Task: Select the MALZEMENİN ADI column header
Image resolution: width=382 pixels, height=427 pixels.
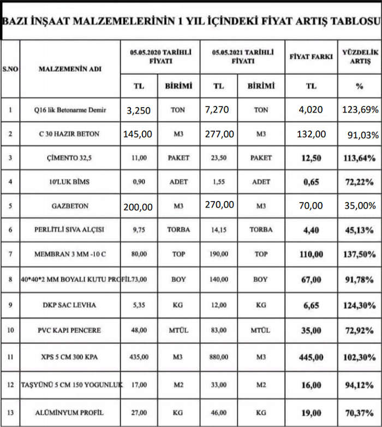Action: pos(70,69)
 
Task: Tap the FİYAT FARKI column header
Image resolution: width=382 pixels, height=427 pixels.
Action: pos(311,56)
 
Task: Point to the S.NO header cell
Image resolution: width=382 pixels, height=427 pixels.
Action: pos(10,69)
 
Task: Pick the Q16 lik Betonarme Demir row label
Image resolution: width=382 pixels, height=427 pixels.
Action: pos(70,110)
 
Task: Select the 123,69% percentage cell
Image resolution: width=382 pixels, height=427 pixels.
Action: pos(360,110)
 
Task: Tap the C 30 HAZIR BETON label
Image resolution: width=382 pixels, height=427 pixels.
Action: pos(70,134)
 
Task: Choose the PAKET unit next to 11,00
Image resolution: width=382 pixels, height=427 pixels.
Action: pos(178,158)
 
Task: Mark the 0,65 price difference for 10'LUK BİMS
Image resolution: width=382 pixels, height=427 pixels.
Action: pos(311,182)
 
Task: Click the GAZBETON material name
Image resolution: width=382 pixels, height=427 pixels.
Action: pos(70,206)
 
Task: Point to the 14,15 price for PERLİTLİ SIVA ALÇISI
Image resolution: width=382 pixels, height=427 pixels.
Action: pos(218,230)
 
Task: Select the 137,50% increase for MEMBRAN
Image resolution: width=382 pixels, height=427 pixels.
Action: pos(359,254)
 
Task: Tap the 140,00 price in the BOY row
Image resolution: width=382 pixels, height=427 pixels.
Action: pos(218,279)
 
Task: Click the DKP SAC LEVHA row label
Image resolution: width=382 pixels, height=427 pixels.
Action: pos(70,305)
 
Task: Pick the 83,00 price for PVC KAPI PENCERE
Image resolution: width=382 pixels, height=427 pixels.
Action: pos(218,330)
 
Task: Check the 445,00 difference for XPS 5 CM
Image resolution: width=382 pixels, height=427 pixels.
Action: pos(311,357)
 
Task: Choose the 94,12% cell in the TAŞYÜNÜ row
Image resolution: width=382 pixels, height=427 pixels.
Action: pos(359,385)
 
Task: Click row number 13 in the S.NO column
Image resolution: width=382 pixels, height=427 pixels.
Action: pos(10,412)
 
